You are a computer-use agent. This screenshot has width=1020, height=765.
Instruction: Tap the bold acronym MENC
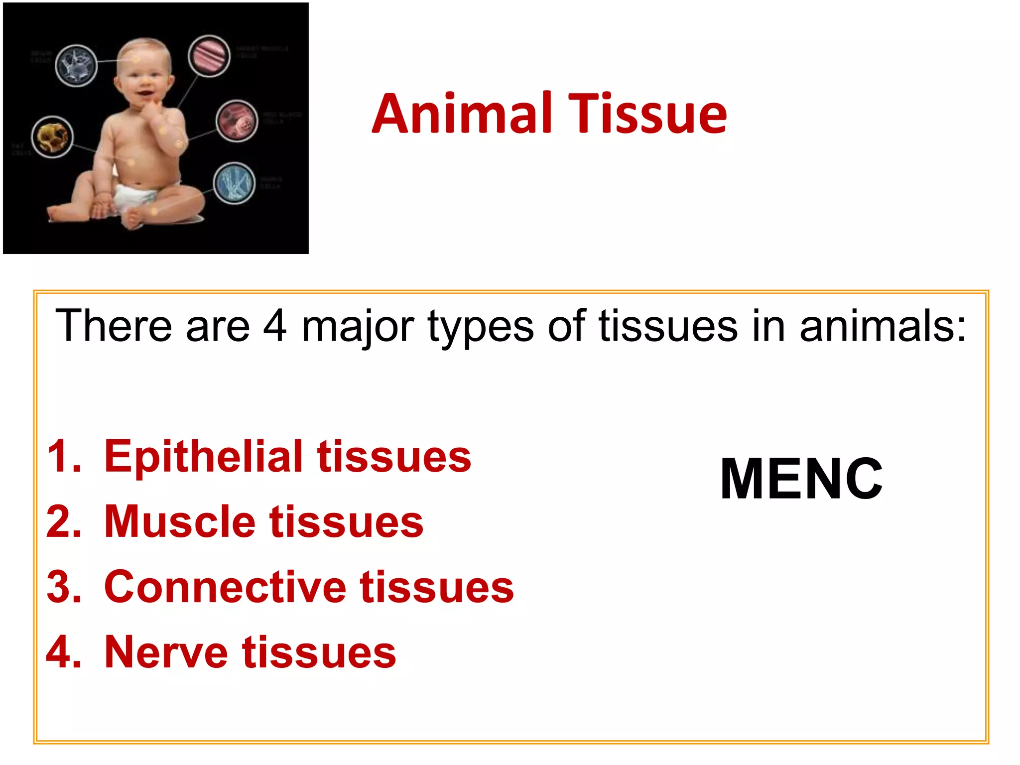click(x=801, y=479)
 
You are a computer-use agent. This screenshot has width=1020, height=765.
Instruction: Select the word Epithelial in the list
click(x=203, y=457)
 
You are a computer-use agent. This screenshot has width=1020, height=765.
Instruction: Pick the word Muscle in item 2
click(x=179, y=522)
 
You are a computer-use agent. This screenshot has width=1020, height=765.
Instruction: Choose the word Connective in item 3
click(x=225, y=587)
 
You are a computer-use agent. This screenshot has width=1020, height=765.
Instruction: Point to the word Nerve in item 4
click(x=166, y=652)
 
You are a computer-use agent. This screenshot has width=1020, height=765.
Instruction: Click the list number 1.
click(x=63, y=456)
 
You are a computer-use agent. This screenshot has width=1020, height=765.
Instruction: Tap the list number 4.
click(x=63, y=652)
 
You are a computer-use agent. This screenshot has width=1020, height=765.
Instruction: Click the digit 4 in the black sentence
click(x=275, y=326)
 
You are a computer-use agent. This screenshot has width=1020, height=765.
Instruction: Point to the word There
click(x=114, y=326)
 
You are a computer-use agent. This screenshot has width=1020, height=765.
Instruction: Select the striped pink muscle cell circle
click(x=209, y=56)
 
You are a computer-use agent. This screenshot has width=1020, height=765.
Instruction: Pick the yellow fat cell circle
click(x=52, y=137)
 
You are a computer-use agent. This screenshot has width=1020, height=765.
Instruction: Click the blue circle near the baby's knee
click(x=235, y=183)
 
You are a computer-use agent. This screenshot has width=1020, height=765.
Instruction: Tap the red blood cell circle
click(x=237, y=121)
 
